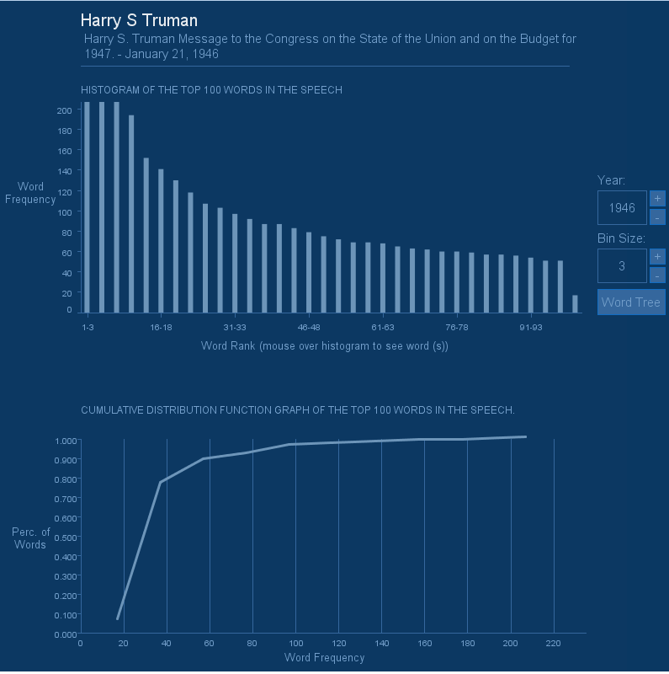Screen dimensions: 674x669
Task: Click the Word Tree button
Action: [631, 302]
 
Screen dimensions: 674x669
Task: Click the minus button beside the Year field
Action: [657, 217]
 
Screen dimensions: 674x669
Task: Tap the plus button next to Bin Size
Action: [657, 257]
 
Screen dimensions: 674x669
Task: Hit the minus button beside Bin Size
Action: [657, 275]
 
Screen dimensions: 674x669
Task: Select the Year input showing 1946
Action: [622, 208]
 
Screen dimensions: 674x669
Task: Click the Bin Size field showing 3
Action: [622, 266]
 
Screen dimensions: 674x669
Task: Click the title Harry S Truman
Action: [139, 20]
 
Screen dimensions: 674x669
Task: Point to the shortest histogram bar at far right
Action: [576, 304]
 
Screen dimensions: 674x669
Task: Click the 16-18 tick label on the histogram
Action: [161, 327]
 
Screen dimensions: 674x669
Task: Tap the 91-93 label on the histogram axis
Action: [530, 327]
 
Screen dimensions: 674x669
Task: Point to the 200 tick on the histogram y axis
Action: [64, 110]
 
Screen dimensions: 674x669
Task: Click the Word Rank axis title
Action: [324, 346]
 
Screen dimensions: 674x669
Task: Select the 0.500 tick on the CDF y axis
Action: [66, 538]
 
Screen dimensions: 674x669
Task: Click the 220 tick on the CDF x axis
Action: [553, 645]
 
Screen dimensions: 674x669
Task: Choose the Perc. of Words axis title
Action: [31, 538]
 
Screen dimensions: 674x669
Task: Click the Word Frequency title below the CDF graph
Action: [324, 658]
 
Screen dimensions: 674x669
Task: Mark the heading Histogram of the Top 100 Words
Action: [211, 90]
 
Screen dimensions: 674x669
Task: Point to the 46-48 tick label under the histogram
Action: [309, 327]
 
